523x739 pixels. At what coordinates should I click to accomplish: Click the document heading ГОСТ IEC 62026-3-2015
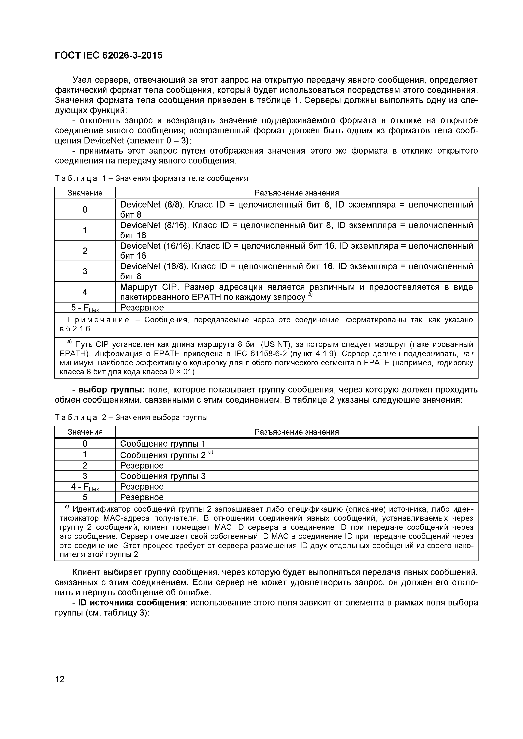[x=109, y=56]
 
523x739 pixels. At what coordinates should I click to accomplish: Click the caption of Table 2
[x=131, y=418]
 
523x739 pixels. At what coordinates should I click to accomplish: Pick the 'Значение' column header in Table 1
[x=85, y=193]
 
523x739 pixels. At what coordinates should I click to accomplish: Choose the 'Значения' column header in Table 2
[x=85, y=432]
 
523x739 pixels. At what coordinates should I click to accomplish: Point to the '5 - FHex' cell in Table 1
[x=85, y=308]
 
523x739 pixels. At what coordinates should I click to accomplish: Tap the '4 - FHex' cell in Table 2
[x=85, y=487]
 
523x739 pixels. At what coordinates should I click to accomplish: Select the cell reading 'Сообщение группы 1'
[x=163, y=444]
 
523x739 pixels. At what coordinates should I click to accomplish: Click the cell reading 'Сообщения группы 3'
[x=163, y=476]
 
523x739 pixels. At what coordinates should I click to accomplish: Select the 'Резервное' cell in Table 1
[x=142, y=308]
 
